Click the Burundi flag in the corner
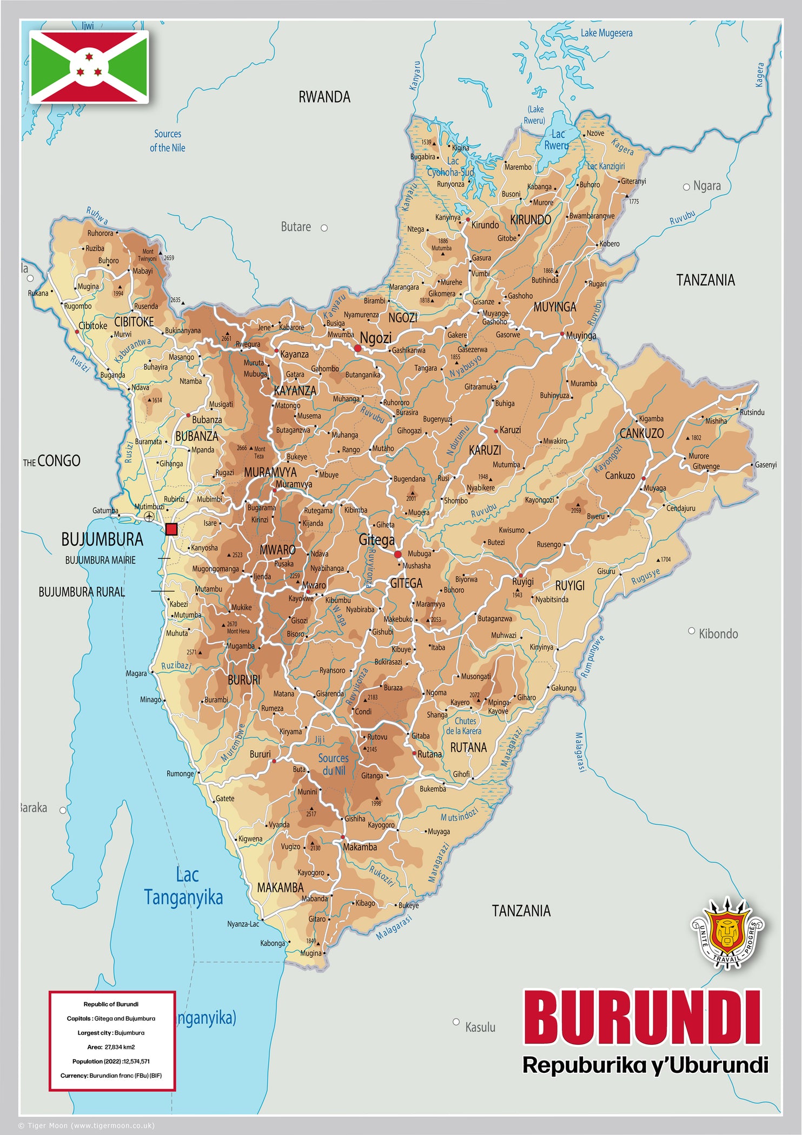(x=89, y=67)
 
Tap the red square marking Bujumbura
(x=171, y=529)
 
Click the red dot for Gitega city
(x=397, y=555)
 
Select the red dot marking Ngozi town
(x=357, y=349)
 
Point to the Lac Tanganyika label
(x=184, y=886)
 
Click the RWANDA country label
(x=324, y=97)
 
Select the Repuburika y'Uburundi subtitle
(x=645, y=1065)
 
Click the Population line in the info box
(x=111, y=1061)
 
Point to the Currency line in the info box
(x=111, y=1076)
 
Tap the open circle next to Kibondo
(x=691, y=631)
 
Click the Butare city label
(x=296, y=227)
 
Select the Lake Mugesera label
(x=606, y=33)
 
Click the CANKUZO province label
(x=641, y=433)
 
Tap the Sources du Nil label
(x=333, y=764)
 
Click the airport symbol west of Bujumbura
(x=149, y=517)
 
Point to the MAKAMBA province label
(x=280, y=887)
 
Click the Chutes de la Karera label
(x=464, y=726)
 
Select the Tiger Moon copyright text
(x=87, y=1126)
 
